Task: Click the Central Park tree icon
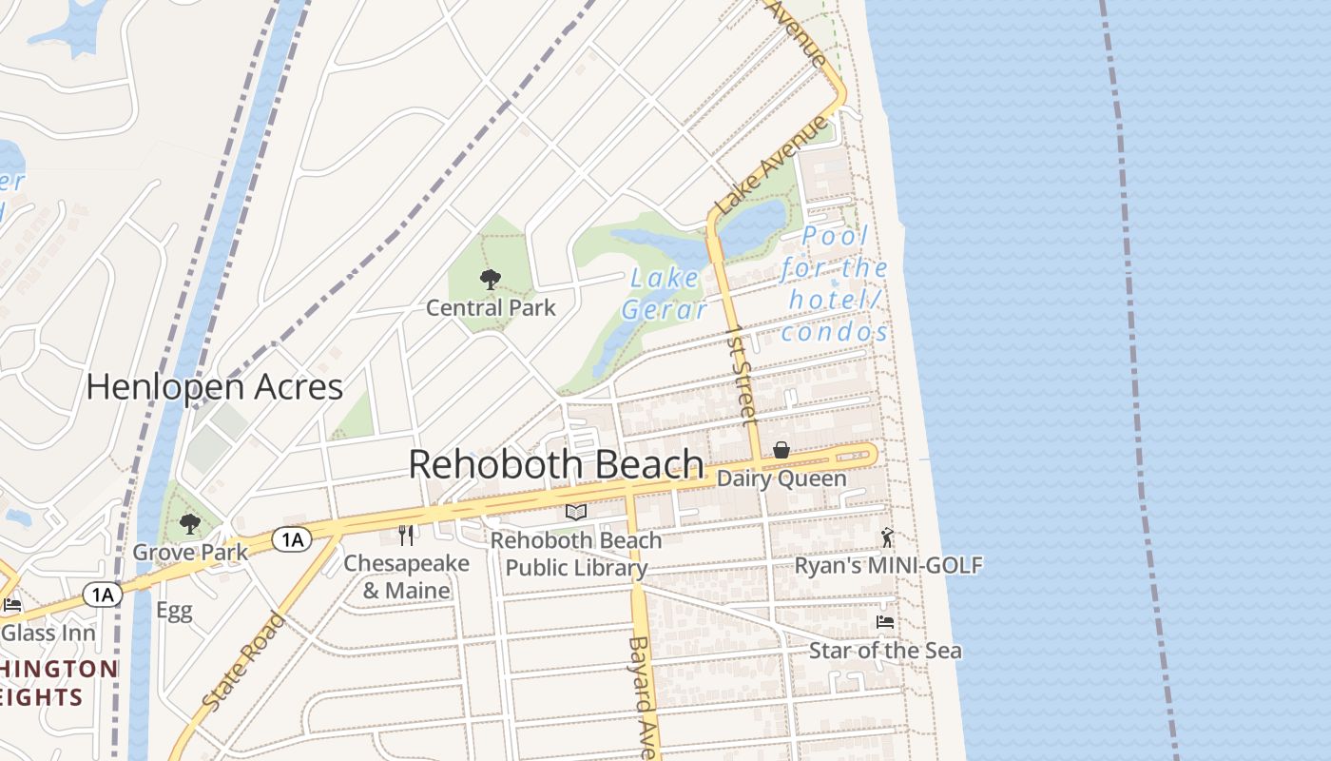(491, 280)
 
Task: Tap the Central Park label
(491, 308)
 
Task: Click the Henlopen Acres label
(214, 387)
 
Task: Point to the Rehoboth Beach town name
(556, 464)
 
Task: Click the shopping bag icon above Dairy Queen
(781, 450)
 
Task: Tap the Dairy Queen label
(781, 478)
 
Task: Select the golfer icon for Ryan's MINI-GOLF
(887, 538)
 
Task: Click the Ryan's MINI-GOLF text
(888, 566)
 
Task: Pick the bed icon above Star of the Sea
(885, 622)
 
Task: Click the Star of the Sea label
(885, 651)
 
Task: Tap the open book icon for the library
(576, 512)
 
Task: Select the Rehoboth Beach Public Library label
(576, 554)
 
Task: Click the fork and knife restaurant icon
(406, 535)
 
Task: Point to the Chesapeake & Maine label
(406, 576)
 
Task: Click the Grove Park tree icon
(190, 523)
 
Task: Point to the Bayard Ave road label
(643, 696)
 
